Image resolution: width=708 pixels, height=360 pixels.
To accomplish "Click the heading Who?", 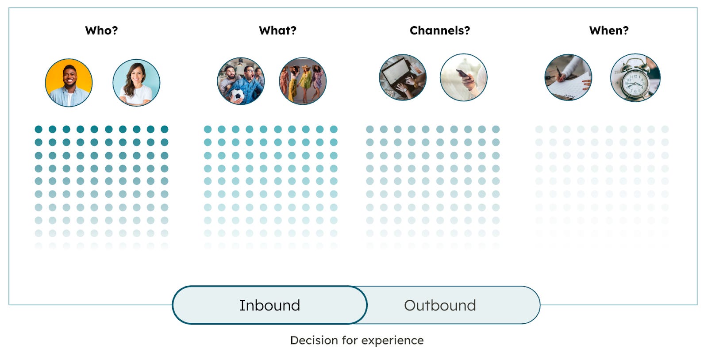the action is click(x=101, y=31).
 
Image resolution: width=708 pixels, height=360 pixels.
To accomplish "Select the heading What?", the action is click(x=277, y=31).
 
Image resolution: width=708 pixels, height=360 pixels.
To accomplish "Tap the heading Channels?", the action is click(x=439, y=31).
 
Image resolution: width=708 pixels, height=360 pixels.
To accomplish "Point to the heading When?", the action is click(x=608, y=31).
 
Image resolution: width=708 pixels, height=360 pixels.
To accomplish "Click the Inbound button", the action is click(x=269, y=305).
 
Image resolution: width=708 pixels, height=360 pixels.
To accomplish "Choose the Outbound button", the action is click(x=440, y=305).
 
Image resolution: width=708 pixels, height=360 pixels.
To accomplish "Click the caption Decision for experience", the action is click(x=357, y=340).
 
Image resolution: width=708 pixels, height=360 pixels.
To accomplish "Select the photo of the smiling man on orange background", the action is click(x=69, y=83).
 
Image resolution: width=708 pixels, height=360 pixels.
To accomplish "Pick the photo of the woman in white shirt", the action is click(x=136, y=83).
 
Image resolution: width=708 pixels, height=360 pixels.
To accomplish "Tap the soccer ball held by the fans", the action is click(x=238, y=95).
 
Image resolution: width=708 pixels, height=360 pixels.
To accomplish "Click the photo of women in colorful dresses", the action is click(x=303, y=81).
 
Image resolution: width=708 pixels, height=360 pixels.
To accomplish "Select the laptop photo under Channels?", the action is click(x=403, y=77).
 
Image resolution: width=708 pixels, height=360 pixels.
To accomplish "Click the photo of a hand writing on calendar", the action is click(x=568, y=77).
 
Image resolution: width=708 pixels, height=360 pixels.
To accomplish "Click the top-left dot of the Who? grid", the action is click(x=38, y=129).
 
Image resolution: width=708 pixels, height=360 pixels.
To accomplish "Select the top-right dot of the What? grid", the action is click(x=334, y=129).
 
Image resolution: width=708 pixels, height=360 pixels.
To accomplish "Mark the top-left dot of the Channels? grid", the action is click(x=370, y=129).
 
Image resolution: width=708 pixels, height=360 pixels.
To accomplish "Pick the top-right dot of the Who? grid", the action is click(x=165, y=129).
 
